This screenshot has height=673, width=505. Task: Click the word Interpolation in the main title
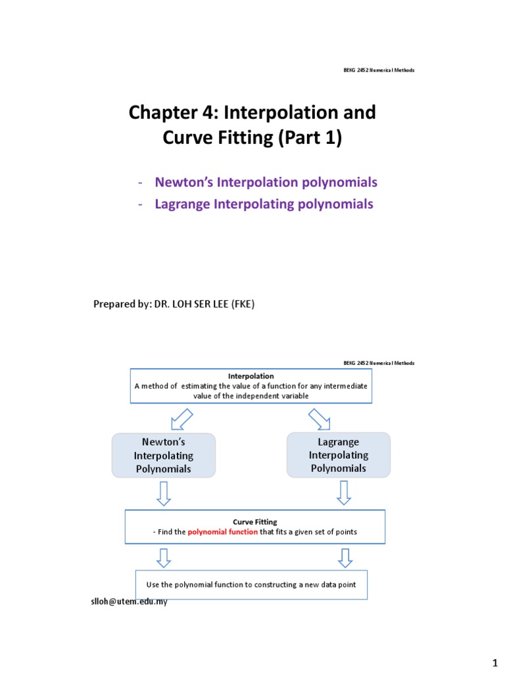tap(281, 112)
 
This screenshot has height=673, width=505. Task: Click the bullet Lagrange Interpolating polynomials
tap(264, 204)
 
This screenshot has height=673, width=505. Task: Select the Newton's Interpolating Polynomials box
tap(163, 455)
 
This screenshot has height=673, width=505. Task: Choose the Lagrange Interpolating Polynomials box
tap(338, 455)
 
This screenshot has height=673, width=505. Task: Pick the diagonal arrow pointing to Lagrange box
tap(320, 418)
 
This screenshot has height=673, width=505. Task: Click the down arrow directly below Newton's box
tap(164, 493)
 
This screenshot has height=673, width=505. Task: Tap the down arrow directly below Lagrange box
tap(344, 493)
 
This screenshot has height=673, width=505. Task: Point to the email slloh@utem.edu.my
tap(129, 601)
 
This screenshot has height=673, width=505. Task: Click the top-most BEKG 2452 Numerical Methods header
tap(379, 70)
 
